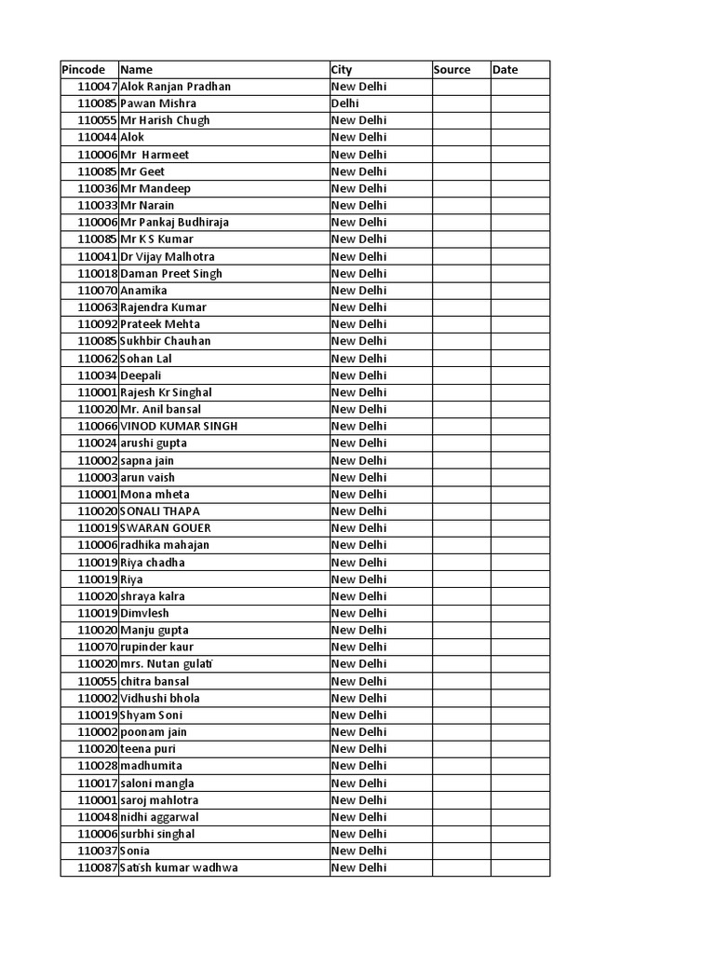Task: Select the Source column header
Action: point(452,70)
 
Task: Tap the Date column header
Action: point(506,70)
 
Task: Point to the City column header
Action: point(342,70)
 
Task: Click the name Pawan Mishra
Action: point(158,103)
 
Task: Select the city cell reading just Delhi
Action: point(345,103)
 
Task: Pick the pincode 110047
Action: point(98,87)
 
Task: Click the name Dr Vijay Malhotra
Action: point(168,256)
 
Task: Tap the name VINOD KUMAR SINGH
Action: point(179,426)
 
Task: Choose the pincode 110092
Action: point(98,324)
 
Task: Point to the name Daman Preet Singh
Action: point(171,274)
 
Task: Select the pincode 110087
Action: point(98,868)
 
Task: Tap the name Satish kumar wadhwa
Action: point(179,868)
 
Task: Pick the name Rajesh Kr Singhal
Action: point(167,392)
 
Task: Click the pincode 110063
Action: point(98,307)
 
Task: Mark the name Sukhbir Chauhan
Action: point(166,341)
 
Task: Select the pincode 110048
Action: point(98,817)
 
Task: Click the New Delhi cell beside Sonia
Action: point(358,852)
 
